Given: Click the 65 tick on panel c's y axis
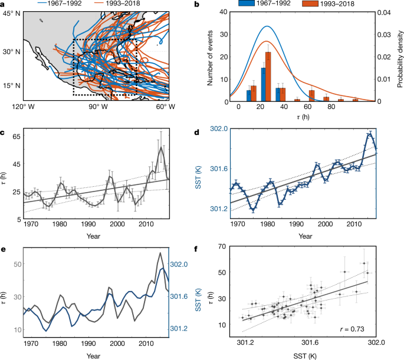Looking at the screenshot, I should (15, 136).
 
